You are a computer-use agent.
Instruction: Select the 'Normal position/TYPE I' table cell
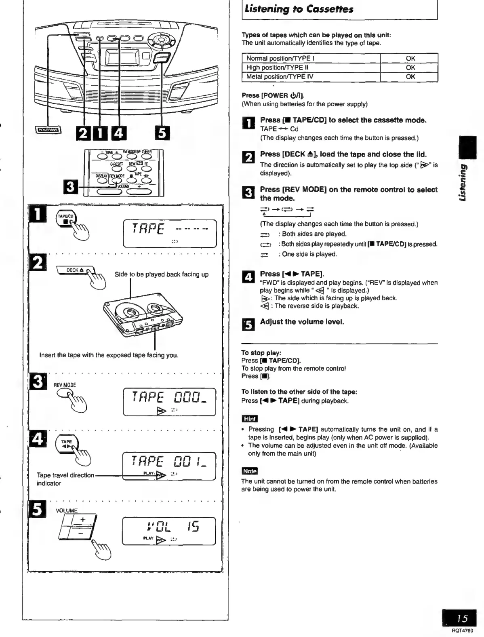point(311,58)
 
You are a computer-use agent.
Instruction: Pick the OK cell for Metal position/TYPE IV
point(410,77)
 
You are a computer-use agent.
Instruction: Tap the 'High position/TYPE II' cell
point(311,67)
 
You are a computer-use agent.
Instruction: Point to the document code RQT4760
point(462,631)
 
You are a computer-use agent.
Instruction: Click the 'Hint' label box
point(249,419)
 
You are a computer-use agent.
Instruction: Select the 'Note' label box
point(249,471)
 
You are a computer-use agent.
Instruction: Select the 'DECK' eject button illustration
point(75,270)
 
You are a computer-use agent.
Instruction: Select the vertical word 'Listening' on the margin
point(465,182)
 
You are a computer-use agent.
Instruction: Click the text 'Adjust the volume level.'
point(302,322)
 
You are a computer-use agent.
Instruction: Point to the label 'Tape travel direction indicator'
point(65,479)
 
